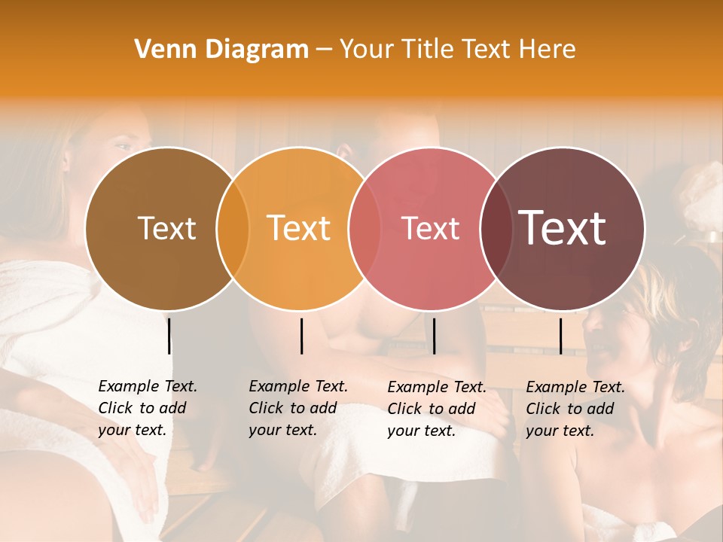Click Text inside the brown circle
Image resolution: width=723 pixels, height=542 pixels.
tap(166, 228)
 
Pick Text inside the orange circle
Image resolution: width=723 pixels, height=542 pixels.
tap(299, 228)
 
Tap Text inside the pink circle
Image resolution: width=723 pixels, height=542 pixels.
tap(431, 228)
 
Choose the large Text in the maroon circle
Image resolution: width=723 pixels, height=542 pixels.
tap(563, 228)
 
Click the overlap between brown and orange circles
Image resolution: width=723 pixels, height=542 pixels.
tap(233, 228)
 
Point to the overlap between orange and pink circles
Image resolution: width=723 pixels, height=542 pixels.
tap(365, 228)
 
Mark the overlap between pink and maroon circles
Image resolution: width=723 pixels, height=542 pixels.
tap(496, 228)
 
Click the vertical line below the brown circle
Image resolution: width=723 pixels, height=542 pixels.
tap(169, 336)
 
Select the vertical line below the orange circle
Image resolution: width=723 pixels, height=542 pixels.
tap(301, 336)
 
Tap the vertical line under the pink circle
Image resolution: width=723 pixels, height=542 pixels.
tap(434, 336)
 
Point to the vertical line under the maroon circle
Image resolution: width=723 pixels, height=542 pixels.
tap(560, 336)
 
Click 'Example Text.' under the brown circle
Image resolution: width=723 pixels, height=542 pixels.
tap(148, 386)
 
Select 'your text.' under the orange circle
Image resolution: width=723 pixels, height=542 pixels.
tap(282, 430)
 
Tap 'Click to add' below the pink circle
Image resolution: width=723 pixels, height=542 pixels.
tap(432, 409)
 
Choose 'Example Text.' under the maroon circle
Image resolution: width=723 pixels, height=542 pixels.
tap(575, 387)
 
